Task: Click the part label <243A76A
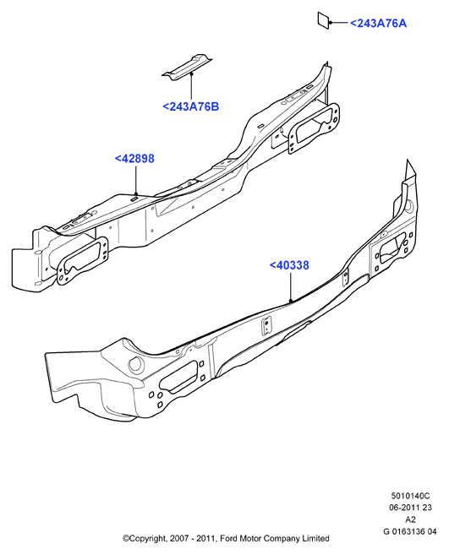pyautogui.click(x=378, y=24)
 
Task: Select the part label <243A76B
pyautogui.click(x=190, y=106)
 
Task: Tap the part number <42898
pyautogui.click(x=134, y=158)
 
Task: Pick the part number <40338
pyautogui.click(x=289, y=265)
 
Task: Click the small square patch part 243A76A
pyautogui.click(x=323, y=20)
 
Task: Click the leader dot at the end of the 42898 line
pyautogui.click(x=136, y=193)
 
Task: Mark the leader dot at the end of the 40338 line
pyautogui.click(x=290, y=301)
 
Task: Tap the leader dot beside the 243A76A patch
pyautogui.click(x=331, y=23)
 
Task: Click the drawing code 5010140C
pyautogui.click(x=410, y=496)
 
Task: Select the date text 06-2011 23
pyautogui.click(x=410, y=508)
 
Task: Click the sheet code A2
pyautogui.click(x=410, y=520)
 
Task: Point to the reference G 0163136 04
pyautogui.click(x=410, y=531)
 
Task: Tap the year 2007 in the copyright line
pyautogui.click(x=177, y=539)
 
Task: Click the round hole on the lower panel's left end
pyautogui.click(x=136, y=365)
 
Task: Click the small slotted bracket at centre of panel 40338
pyautogui.click(x=266, y=326)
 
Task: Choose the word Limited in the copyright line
pyautogui.click(x=315, y=539)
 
